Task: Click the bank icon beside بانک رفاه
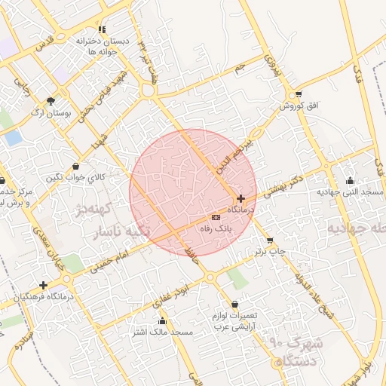pos(216,217)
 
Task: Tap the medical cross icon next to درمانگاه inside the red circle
pos(240,198)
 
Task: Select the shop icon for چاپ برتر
pos(270,242)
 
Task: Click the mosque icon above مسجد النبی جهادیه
pos(350,180)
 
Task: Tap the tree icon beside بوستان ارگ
pos(51,101)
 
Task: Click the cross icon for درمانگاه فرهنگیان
pos(44,286)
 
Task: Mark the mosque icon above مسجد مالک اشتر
pos(161,321)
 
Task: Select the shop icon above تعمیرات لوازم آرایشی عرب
pos(219,303)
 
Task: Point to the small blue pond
pos(13,138)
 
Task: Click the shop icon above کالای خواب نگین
pos(75,167)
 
